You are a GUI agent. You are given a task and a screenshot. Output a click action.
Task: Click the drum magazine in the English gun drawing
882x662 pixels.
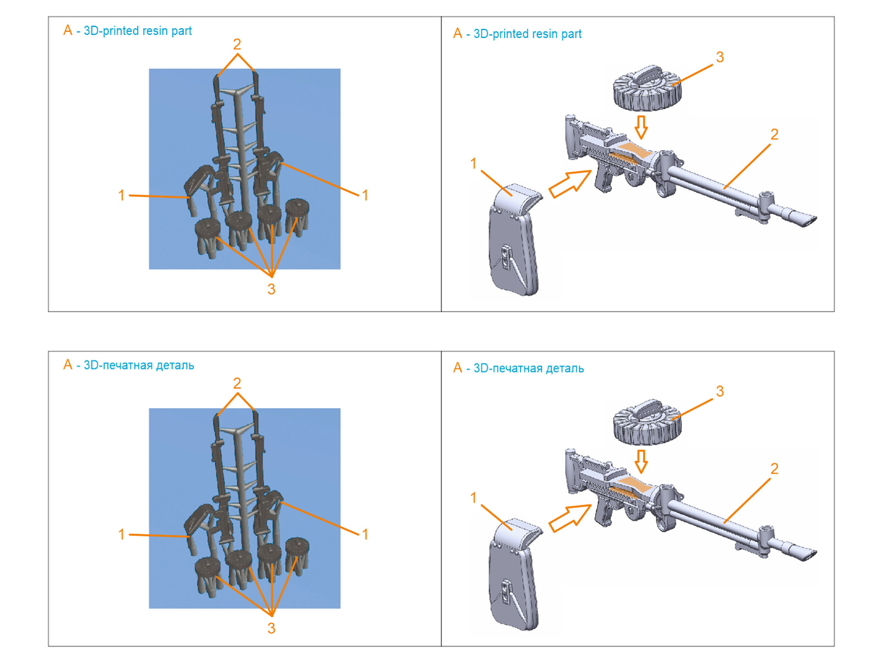click(x=647, y=88)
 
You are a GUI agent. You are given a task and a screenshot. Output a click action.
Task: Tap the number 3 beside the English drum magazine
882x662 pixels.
click(x=719, y=57)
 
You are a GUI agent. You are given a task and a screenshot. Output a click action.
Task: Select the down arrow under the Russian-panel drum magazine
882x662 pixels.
click(x=641, y=461)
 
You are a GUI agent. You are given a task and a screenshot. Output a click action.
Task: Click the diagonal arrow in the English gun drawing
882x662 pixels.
click(x=570, y=183)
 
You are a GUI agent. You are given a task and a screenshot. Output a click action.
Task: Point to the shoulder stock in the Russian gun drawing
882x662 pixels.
click(x=513, y=574)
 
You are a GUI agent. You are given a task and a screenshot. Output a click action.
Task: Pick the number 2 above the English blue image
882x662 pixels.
click(x=237, y=44)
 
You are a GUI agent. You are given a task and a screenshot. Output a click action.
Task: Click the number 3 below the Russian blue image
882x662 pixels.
click(x=271, y=628)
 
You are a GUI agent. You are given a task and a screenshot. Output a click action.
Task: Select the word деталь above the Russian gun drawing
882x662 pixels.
click(x=564, y=369)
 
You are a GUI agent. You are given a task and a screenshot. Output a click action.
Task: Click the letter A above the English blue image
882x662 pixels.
click(x=68, y=30)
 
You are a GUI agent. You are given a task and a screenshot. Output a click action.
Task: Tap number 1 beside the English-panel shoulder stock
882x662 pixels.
click(x=473, y=163)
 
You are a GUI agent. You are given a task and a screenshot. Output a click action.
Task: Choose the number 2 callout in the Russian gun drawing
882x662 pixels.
click(x=774, y=469)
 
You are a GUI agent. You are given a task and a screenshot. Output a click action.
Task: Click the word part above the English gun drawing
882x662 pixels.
click(x=571, y=34)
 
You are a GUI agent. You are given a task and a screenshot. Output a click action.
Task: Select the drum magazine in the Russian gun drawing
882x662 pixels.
click(x=647, y=423)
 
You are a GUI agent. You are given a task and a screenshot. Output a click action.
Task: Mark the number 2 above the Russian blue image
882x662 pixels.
click(x=237, y=383)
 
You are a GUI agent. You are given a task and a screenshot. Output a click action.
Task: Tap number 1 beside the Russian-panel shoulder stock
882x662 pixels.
click(x=473, y=498)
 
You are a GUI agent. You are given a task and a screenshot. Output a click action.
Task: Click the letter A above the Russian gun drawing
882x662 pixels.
click(x=458, y=368)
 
